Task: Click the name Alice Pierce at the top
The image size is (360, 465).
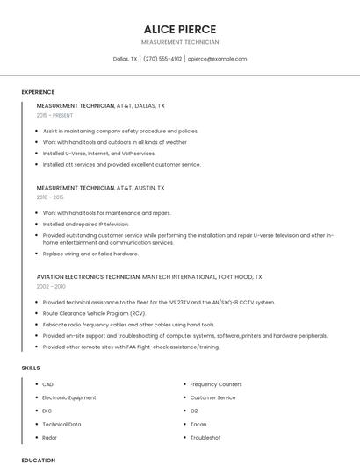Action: (x=179, y=29)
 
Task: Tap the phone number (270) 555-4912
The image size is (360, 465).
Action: (x=162, y=59)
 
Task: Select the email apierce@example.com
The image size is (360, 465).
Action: (x=218, y=59)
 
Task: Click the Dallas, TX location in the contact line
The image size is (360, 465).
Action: (x=126, y=59)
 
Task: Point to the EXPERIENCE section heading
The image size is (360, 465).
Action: (x=38, y=92)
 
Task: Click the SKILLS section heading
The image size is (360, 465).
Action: (x=31, y=368)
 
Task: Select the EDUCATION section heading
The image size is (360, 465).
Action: (x=38, y=460)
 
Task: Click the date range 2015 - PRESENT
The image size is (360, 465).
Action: (x=54, y=115)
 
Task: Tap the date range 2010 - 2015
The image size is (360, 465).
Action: (x=50, y=197)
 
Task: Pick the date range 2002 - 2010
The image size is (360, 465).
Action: (x=51, y=286)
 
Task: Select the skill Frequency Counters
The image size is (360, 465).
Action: (x=216, y=384)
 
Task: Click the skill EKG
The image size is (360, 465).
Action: (x=47, y=411)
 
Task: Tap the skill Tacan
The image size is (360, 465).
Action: (x=198, y=424)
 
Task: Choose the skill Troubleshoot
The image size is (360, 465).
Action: (x=205, y=437)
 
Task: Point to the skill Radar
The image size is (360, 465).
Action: (x=49, y=437)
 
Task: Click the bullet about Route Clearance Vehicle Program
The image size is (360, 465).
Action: (x=94, y=313)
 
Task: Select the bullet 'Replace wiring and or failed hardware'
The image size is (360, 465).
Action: (x=90, y=254)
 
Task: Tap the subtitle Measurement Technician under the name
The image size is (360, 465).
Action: (x=179, y=42)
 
